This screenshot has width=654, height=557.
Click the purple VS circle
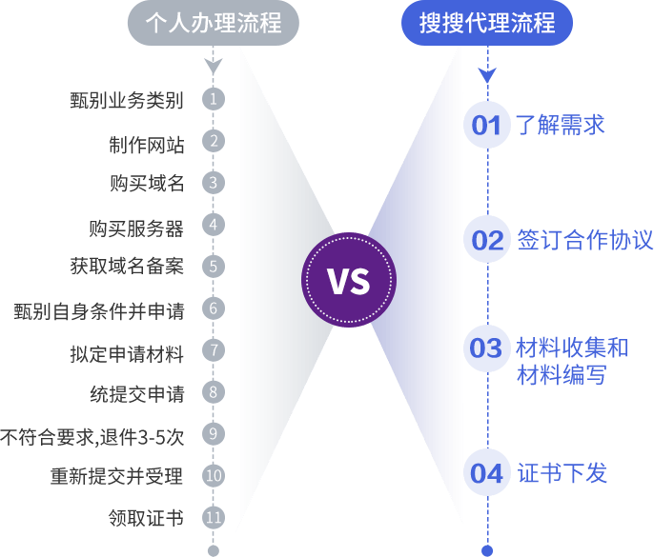(x=348, y=281)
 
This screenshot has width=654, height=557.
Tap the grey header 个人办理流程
(x=213, y=22)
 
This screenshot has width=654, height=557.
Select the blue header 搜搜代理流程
(x=487, y=22)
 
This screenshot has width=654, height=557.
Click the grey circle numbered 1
(x=214, y=98)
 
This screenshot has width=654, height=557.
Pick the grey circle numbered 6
(x=214, y=308)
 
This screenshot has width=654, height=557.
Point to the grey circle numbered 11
(x=214, y=518)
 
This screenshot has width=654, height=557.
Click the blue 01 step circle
(x=487, y=125)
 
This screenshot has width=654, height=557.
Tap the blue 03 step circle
(x=487, y=348)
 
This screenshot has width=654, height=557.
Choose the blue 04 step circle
(x=487, y=473)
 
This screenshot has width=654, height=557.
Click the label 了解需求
(x=561, y=125)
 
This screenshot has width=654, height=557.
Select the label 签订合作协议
(x=584, y=239)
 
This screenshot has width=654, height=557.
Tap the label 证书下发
(x=562, y=473)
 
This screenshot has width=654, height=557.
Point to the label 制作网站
(x=147, y=144)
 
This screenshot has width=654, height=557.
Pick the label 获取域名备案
(x=127, y=267)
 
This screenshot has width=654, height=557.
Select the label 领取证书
(x=147, y=518)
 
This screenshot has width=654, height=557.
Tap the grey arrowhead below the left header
(x=214, y=67)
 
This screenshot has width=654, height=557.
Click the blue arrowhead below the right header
(x=487, y=74)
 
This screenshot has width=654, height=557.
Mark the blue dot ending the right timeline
(x=487, y=549)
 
